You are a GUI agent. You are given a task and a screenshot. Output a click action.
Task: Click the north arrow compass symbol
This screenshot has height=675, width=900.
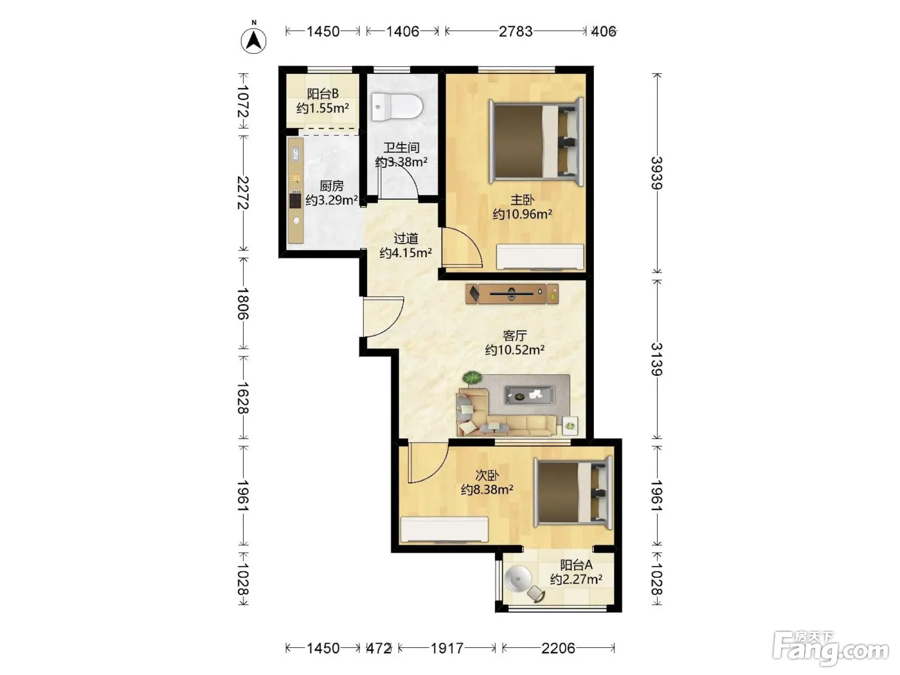click(253, 40)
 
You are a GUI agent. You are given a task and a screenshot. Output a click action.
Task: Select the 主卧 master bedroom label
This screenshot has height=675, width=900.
click(522, 200)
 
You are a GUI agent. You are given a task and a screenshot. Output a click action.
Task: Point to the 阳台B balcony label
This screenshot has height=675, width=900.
click(323, 94)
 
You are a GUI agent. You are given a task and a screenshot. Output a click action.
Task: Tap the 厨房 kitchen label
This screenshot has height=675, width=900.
click(331, 186)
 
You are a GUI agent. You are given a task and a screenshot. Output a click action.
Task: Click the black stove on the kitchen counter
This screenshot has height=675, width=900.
click(295, 201)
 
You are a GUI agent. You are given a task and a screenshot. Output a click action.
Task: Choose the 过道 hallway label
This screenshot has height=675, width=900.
click(406, 238)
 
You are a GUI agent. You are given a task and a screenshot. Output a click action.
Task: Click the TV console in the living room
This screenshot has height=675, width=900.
click(512, 294)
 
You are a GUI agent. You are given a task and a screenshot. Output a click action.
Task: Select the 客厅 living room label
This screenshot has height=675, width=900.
click(514, 336)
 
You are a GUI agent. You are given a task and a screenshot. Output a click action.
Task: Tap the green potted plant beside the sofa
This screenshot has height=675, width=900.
click(473, 378)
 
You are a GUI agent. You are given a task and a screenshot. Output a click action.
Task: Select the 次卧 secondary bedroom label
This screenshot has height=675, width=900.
click(487, 476)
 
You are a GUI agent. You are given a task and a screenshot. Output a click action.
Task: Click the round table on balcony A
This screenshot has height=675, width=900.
click(519, 579)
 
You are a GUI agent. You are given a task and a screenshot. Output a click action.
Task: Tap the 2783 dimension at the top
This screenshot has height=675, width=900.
click(516, 31)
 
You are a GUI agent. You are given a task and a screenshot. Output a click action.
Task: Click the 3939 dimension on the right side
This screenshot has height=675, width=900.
click(657, 173)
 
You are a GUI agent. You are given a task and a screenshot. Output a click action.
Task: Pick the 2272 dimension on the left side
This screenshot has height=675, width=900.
click(243, 192)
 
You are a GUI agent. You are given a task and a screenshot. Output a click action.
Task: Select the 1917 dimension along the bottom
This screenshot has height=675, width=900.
click(447, 648)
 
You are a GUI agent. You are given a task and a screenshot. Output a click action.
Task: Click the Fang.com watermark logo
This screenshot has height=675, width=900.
click(831, 649)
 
